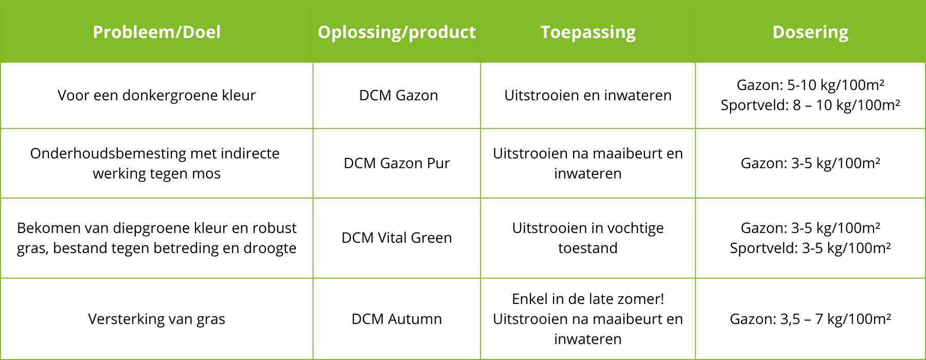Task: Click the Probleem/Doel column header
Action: click(x=156, y=32)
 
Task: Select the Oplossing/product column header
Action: click(x=397, y=32)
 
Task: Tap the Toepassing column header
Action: click(x=588, y=32)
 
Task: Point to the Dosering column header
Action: click(x=810, y=32)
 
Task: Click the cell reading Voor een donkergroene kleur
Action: click(x=156, y=95)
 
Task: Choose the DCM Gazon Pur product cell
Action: click(x=397, y=163)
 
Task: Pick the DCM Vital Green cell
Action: click(x=397, y=238)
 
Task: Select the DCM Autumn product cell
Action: click(x=397, y=319)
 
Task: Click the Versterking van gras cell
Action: click(x=156, y=319)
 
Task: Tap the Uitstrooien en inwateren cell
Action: click(x=588, y=95)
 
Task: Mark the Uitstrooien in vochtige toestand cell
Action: click(x=588, y=238)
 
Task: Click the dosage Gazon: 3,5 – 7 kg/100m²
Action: click(x=810, y=319)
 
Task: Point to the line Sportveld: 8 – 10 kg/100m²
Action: click(x=810, y=105)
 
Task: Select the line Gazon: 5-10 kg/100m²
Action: click(x=810, y=85)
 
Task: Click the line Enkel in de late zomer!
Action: click(x=588, y=299)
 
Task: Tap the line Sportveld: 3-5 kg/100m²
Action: click(x=810, y=248)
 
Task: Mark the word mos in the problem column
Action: click(x=206, y=174)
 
